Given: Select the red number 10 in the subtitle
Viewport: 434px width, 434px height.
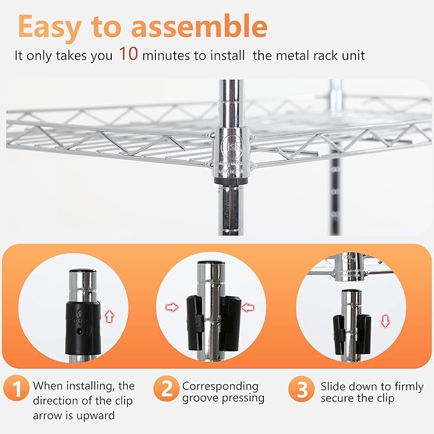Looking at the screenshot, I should (x=127, y=54).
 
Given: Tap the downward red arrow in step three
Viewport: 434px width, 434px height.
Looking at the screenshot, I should (x=385, y=320).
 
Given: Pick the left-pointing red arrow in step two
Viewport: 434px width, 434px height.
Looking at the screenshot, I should (x=248, y=307).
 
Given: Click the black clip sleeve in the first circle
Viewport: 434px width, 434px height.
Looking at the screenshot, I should (x=81, y=323).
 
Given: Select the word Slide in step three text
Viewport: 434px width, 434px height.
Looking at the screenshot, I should (x=334, y=386).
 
